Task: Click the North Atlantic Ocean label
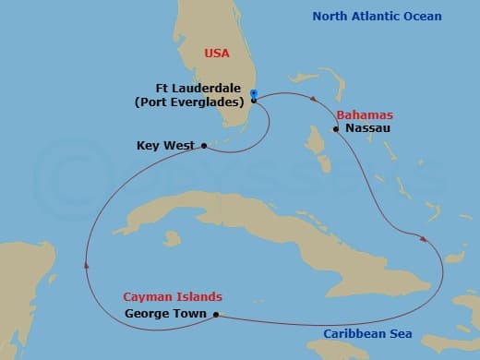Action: point(377,17)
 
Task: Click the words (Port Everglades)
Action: point(193,102)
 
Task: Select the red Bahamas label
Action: point(365,115)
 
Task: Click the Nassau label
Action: point(369,129)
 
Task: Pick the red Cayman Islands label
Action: point(173,297)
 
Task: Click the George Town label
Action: point(167,314)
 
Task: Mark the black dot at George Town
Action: point(216,314)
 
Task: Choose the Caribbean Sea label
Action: point(367,334)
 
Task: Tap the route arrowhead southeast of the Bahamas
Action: point(424,240)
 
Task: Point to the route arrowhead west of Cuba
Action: point(85,265)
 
